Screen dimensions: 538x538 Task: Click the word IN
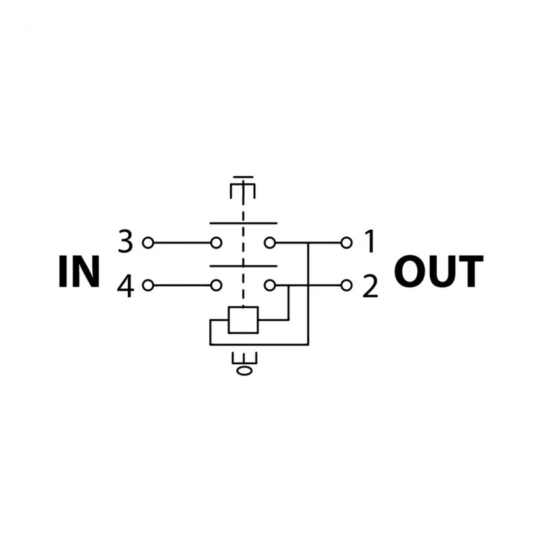[79, 272]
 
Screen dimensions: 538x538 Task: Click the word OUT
[438, 272]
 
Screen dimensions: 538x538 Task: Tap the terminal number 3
[125, 243]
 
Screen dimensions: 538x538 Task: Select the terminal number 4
[125, 286]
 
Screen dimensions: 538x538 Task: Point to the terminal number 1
[370, 243]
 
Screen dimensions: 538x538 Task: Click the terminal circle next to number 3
[148, 243]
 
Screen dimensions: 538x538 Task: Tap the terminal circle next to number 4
[148, 285]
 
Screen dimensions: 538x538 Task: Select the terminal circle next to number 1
[346, 243]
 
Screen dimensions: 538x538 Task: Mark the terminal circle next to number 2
[346, 285]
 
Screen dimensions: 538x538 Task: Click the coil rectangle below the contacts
[243, 320]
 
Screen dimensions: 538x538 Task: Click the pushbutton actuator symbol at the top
[243, 188]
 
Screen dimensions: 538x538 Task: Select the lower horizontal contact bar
[243, 266]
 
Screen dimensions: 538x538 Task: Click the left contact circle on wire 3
[216, 243]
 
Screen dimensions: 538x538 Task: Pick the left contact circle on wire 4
[216, 285]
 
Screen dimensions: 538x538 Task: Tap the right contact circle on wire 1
[269, 243]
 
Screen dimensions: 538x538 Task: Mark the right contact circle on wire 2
[269, 285]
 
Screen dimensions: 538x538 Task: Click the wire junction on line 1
[308, 243]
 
